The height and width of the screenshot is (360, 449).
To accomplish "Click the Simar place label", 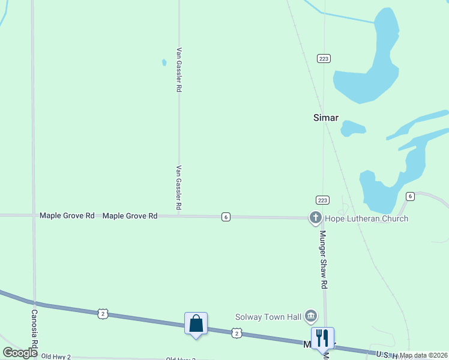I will pyautogui.click(x=326, y=118).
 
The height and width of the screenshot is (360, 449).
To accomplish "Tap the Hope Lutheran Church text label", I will pyautogui.click(x=366, y=218).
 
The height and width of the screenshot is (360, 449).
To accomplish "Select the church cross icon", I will pyautogui.click(x=315, y=218).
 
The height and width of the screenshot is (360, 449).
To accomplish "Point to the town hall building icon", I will pyautogui.click(x=310, y=315).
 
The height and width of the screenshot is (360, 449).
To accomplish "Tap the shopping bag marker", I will pyautogui.click(x=196, y=324).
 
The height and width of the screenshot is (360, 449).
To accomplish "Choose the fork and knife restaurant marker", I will pyautogui.click(x=322, y=338).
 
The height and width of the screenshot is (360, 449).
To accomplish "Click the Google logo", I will pyautogui.click(x=20, y=353).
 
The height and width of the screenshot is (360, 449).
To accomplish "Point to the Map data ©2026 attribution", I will pyautogui.click(x=424, y=355).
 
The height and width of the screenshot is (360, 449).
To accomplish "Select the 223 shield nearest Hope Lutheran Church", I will pyautogui.click(x=322, y=200).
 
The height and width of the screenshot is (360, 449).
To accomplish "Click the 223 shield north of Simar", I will pyautogui.click(x=324, y=58).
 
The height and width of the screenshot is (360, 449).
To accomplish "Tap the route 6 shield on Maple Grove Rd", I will pyautogui.click(x=226, y=217).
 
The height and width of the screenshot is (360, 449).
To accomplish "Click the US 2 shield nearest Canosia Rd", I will pyautogui.click(x=103, y=313).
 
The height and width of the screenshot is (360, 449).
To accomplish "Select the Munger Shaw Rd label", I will pyautogui.click(x=323, y=258).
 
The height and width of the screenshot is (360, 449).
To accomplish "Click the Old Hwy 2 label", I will pyautogui.click(x=55, y=357).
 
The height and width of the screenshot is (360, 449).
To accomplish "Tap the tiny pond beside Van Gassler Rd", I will pyautogui.click(x=164, y=62).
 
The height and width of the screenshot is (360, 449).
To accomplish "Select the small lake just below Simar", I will pyautogui.click(x=352, y=128).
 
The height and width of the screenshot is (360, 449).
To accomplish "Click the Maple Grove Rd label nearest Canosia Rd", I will pyautogui.click(x=67, y=215).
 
